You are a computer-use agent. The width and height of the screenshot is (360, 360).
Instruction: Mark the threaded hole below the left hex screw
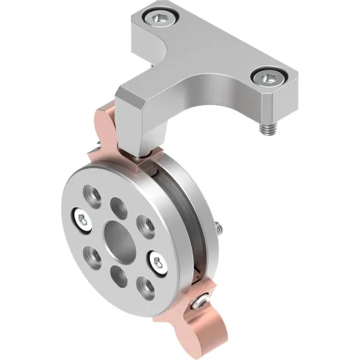tap(94, 255)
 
